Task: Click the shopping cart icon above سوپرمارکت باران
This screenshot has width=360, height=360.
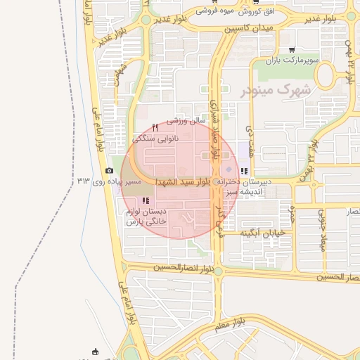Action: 291,50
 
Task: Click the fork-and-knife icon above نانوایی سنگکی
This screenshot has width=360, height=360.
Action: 155,127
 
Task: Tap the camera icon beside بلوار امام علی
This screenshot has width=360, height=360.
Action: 109,171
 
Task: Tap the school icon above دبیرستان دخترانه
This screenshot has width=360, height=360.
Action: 243,171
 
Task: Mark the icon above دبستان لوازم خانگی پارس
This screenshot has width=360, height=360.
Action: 146,201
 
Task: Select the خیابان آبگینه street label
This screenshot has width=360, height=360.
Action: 262,232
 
